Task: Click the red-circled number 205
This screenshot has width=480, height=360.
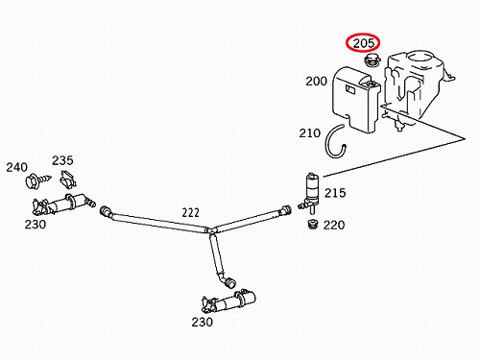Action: [363, 43]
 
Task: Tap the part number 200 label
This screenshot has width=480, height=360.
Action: [316, 82]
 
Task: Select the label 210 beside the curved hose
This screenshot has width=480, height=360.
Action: [310, 132]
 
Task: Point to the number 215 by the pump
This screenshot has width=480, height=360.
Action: [335, 193]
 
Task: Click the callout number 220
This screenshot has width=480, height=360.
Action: [334, 225]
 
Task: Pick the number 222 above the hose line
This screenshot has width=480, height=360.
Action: [191, 212]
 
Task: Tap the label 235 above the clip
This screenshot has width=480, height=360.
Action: [62, 160]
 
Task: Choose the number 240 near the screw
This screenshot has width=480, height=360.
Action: [17, 167]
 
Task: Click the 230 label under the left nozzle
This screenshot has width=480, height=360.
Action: [36, 225]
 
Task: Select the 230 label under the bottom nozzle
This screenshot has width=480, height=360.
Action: [203, 322]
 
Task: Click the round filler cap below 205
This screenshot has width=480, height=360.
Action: [372, 60]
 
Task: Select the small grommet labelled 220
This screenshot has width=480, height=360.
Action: [312, 224]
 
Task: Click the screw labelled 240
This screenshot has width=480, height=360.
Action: [37, 180]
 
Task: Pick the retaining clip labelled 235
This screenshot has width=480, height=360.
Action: [68, 179]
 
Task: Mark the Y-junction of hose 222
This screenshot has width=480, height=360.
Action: [210, 230]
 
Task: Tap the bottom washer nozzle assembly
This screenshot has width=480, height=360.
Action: [228, 300]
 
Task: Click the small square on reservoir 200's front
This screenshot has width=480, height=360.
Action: [349, 89]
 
